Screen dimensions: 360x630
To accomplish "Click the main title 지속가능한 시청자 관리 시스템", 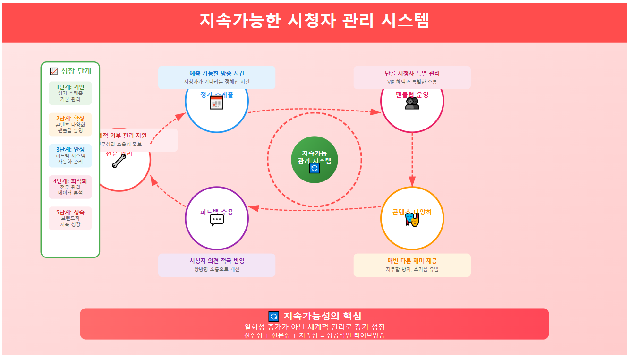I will coord(315,21).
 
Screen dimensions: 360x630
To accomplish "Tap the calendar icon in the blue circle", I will coord(217,103).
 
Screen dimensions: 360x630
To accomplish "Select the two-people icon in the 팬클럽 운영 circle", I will coord(412,103).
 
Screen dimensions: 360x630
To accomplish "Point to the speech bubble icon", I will coord(217,220).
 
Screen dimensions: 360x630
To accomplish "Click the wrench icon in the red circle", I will coord(119,161).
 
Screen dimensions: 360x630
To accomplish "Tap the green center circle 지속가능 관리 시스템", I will coord(315,159).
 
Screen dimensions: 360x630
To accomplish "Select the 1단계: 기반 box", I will coord(70,93).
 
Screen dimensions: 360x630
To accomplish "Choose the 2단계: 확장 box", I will coord(70,124).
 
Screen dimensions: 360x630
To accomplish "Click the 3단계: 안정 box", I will coord(70,155).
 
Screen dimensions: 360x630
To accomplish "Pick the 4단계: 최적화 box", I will coord(70,187).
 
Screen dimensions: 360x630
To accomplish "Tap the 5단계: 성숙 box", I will coord(70,218).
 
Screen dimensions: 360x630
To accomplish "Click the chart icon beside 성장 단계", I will coord(54,71).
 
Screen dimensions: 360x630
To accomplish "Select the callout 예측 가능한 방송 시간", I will coord(217,77).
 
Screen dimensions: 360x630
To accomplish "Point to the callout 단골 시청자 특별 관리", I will coord(412,77).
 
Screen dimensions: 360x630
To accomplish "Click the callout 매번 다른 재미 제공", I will coord(412,265).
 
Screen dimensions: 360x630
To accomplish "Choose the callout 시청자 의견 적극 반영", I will coord(217,265).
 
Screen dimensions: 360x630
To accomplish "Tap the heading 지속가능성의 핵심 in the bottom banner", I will coord(323,317).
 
